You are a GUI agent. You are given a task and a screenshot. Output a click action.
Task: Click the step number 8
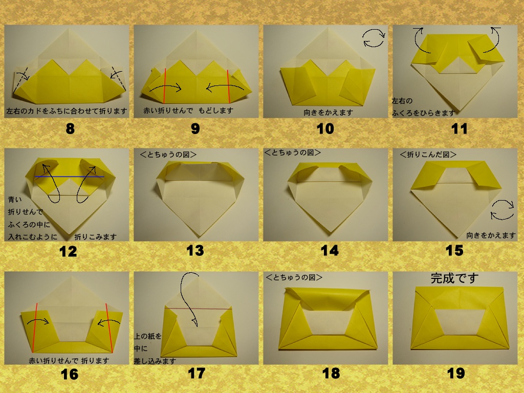pos(70,128)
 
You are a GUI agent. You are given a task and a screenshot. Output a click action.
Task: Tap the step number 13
pos(195,250)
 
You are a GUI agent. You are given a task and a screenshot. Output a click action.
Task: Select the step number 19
pos(455,373)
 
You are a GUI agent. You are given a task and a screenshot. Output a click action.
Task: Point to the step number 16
pos(70,374)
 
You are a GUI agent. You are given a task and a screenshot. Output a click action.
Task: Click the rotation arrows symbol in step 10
pos(374,38)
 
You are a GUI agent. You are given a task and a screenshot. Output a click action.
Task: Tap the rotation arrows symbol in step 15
pos(503,210)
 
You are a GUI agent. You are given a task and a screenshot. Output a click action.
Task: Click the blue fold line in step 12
pos(69,177)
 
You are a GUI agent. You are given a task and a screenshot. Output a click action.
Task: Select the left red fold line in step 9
pos(165,86)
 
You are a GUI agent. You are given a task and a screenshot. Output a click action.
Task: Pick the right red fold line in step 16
pos(110,328)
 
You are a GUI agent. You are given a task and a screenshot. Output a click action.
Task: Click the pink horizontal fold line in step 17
pos(199,309)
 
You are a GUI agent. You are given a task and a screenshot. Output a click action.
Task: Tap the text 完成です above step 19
pos(454,278)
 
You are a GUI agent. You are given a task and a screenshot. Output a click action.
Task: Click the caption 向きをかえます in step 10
pos(328,113)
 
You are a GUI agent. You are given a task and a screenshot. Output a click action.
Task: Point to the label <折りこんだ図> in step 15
pos(428,155)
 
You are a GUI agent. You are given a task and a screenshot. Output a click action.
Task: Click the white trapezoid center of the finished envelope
pos(460,321)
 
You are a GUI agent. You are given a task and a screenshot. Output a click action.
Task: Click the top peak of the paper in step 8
pos(69,29)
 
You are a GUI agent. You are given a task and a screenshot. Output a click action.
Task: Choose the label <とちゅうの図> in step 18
pos(294,277)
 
